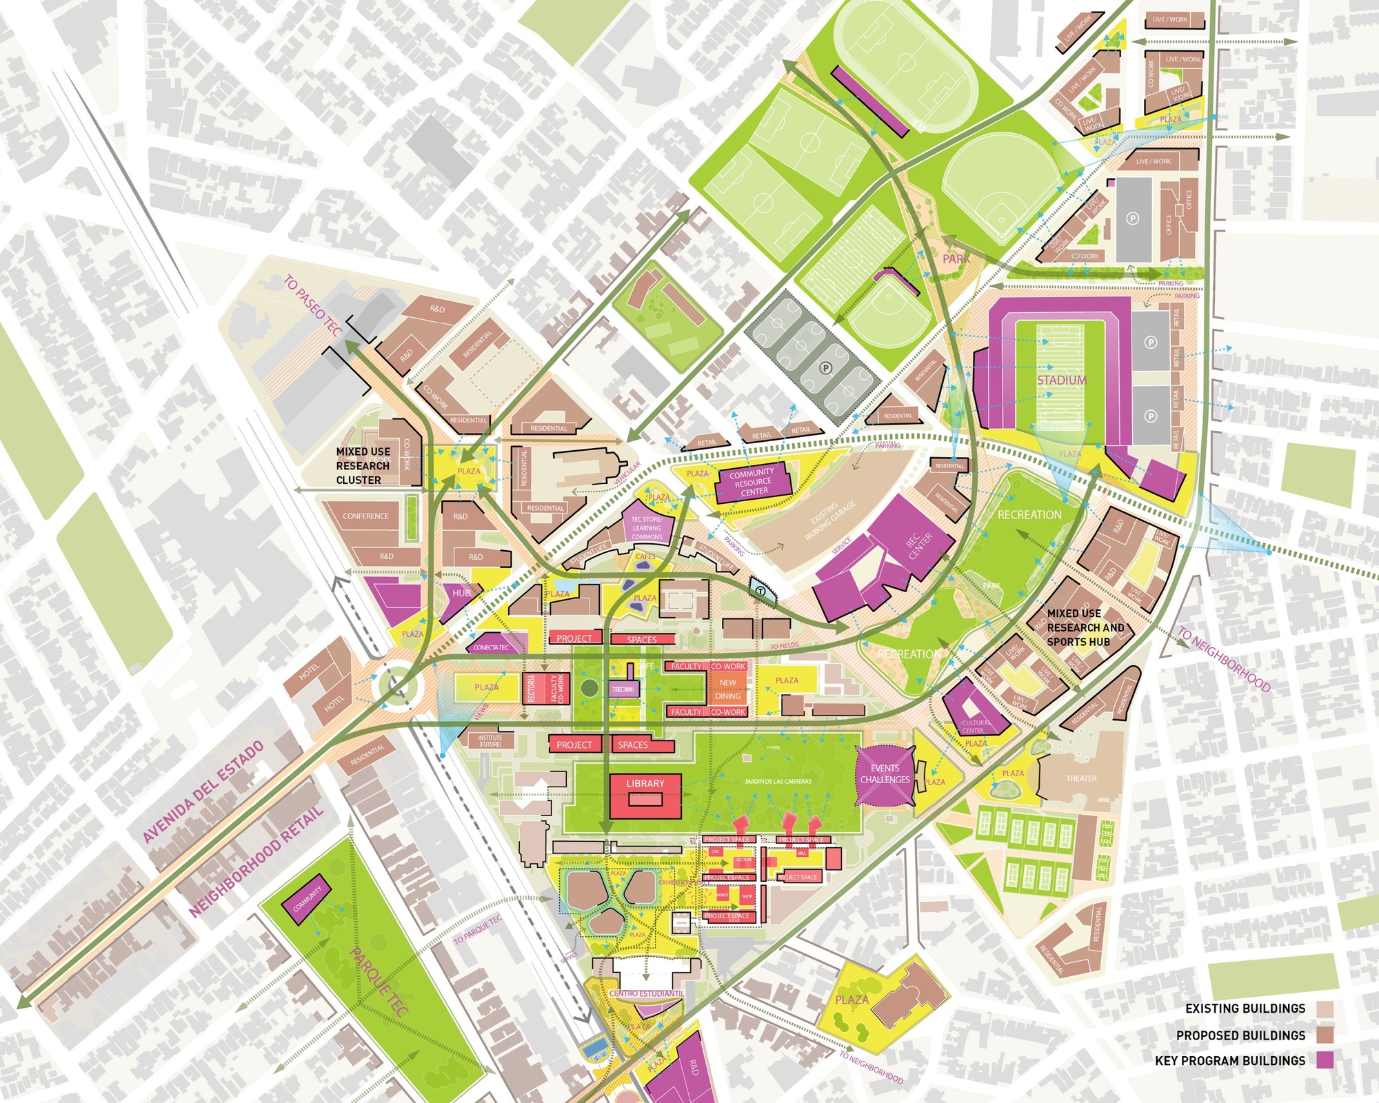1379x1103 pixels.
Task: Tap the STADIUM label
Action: coord(1061,380)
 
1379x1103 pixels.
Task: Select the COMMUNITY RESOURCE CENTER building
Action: coord(753,482)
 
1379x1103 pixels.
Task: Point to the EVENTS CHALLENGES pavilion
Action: coord(885,774)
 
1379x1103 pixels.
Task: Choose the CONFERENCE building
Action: coord(365,516)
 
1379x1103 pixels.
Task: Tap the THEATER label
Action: coord(1080,778)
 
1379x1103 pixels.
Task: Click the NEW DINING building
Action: coord(727,689)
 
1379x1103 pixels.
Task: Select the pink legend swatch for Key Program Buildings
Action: coord(1324,1060)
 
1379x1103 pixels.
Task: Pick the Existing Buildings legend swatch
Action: coord(1324,1009)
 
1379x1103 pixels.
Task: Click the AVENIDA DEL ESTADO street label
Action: coord(203,792)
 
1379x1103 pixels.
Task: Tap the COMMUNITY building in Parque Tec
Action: coord(307,899)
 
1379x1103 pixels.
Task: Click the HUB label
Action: coord(461,593)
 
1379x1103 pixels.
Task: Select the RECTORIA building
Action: coord(532,689)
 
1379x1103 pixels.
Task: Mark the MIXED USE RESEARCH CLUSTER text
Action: coord(363,466)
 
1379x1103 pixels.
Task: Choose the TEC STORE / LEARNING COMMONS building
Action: coord(647,527)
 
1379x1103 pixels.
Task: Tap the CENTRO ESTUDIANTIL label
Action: coord(646,993)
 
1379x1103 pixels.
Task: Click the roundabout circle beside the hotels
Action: coord(396,686)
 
